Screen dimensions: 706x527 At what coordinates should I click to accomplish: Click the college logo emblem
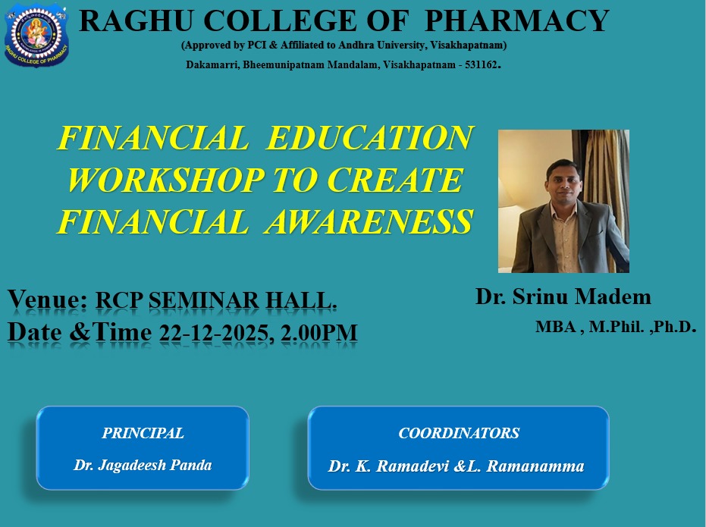click(x=36, y=36)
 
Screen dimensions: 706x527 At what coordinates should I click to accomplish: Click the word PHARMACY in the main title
click(x=517, y=20)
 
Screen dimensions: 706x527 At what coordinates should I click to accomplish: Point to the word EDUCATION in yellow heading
click(x=369, y=137)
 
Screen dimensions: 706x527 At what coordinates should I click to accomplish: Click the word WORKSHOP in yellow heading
click(x=165, y=180)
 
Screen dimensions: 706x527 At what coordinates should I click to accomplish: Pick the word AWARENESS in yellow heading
click(x=369, y=221)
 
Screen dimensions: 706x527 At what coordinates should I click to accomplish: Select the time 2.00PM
click(x=318, y=333)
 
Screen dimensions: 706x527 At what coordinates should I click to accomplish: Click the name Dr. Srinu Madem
click(x=563, y=297)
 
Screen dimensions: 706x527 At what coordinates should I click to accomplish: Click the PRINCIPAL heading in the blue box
click(x=143, y=433)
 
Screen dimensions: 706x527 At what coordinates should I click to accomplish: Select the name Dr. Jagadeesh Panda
click(x=143, y=465)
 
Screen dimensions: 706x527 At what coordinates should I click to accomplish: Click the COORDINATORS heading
click(x=459, y=433)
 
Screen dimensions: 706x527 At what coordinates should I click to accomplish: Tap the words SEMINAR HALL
click(x=243, y=300)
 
